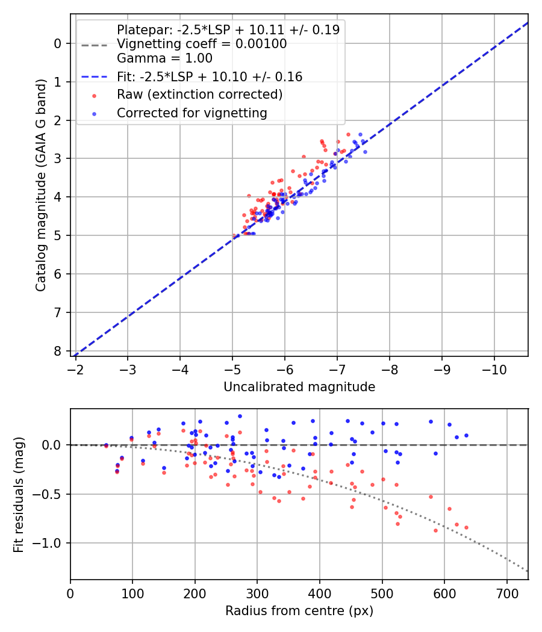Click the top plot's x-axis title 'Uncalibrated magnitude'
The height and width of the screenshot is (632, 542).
pyautogui.click(x=299, y=387)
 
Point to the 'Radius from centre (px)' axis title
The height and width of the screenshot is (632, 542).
pyautogui.click(x=299, y=611)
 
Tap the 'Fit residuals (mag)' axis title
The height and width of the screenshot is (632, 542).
pyautogui.click(x=19, y=494)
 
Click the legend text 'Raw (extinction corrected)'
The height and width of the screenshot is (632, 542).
pyautogui.click(x=199, y=94)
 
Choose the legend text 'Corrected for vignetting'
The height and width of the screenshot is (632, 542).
pyautogui.click(x=192, y=113)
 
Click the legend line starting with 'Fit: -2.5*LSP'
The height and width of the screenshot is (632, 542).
pyautogui.click(x=210, y=76)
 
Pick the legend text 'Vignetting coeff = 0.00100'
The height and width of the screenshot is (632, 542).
pyautogui.click(x=202, y=44)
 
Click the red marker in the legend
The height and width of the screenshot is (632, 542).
pyautogui.click(x=93, y=94)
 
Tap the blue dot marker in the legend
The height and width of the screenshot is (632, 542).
pyautogui.click(x=93, y=113)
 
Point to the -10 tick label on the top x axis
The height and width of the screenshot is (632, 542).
pyautogui.click(x=494, y=368)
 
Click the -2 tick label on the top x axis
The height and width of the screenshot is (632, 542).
pyautogui.click(x=75, y=368)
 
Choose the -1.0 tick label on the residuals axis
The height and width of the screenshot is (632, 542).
pyautogui.click(x=50, y=543)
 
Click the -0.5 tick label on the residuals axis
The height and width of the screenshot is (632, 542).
pyautogui.click(x=50, y=494)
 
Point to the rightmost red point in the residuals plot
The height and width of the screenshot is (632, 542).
pyautogui.click(x=466, y=527)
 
